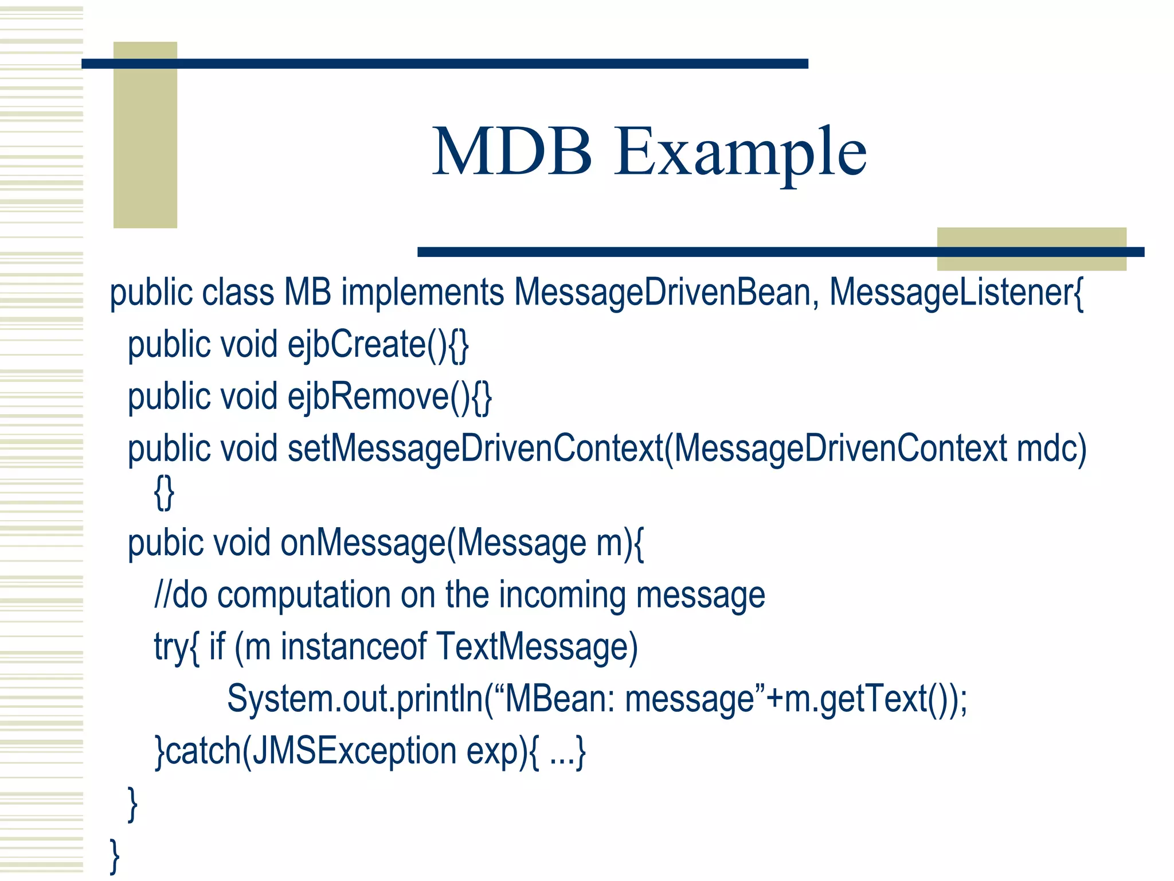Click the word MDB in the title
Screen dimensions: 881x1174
point(512,151)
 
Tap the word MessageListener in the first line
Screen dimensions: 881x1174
point(952,293)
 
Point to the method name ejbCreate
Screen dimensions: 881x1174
point(357,344)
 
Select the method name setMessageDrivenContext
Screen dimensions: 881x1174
point(475,449)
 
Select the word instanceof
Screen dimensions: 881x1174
point(353,646)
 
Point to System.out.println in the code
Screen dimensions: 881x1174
point(355,699)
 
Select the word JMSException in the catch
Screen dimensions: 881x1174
point(354,751)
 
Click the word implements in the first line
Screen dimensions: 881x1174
point(422,293)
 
